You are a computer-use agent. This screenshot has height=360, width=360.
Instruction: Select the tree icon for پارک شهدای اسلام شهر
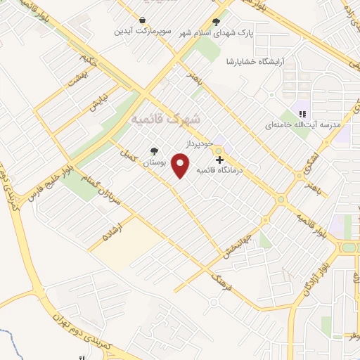tap(216, 22)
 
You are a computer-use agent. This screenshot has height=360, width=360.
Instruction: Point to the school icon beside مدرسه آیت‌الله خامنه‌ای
tap(302, 114)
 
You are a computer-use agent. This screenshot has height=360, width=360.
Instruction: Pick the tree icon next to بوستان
tap(154, 151)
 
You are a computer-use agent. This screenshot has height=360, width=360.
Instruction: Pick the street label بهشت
tap(76, 79)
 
